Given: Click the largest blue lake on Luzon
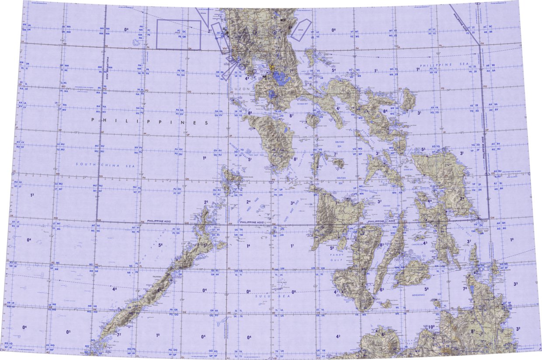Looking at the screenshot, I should coord(281,79).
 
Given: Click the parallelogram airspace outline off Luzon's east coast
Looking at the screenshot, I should coord(301,30).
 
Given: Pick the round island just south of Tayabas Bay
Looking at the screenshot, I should coord(313,120).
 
